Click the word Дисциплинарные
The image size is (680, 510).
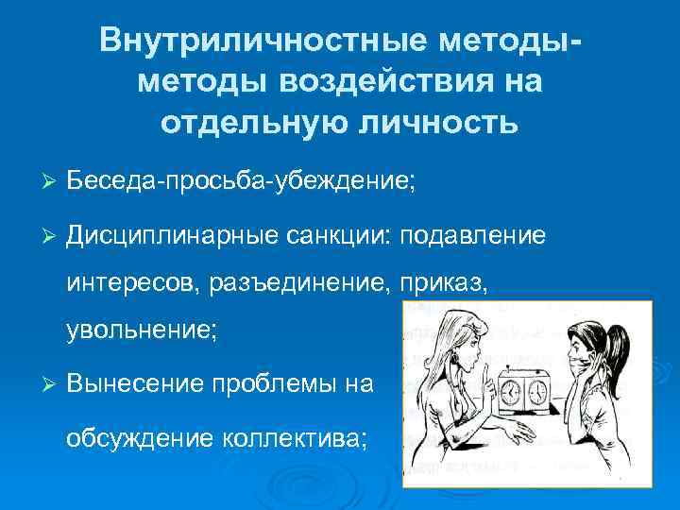pos(172,234)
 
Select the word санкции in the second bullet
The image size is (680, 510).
pos(340,234)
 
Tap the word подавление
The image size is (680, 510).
pos(474,234)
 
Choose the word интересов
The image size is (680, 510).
pos(127,282)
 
